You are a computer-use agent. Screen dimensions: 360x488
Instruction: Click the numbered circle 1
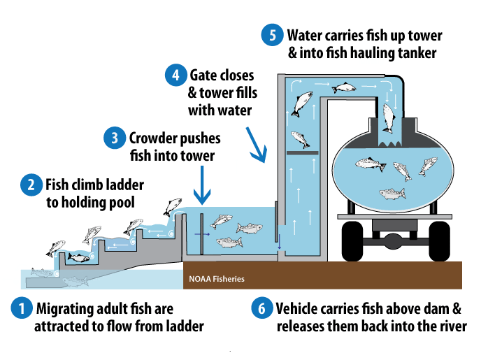coord(22,308)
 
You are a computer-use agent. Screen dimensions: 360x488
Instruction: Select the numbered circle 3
coord(113,138)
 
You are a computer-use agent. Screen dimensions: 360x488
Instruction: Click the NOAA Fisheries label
coord(217,279)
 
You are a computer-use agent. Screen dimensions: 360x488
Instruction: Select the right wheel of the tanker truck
coord(440,241)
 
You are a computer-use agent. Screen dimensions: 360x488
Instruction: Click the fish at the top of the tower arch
coord(343,88)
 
